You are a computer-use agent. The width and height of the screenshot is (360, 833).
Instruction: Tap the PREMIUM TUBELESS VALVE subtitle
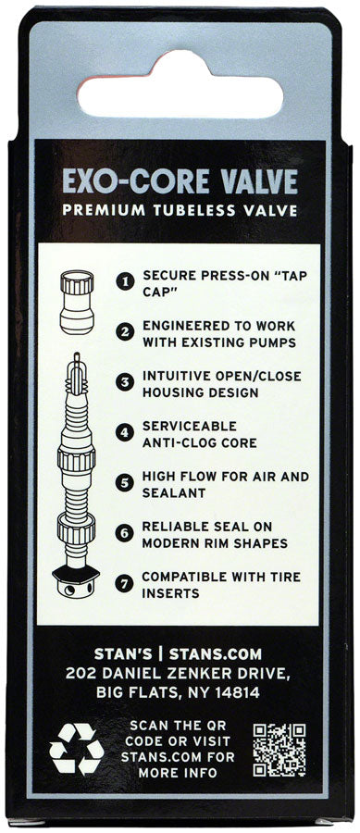pyautogui.click(x=180, y=209)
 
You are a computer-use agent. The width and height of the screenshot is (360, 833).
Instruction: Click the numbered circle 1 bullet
pyautogui.click(x=124, y=278)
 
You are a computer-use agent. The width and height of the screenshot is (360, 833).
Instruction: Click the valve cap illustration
pyautogui.click(x=76, y=300)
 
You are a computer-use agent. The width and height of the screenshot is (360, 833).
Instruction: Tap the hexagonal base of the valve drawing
pyautogui.click(x=77, y=580)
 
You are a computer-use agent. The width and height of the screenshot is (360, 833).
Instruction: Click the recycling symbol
pyautogui.click(x=77, y=747)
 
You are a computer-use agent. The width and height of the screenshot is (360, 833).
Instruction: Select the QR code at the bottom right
pyautogui.click(x=279, y=748)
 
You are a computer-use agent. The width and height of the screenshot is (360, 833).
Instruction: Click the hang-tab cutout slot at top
pyautogui.click(x=180, y=91)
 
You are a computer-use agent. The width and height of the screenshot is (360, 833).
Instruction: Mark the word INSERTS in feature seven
pyautogui.click(x=170, y=592)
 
